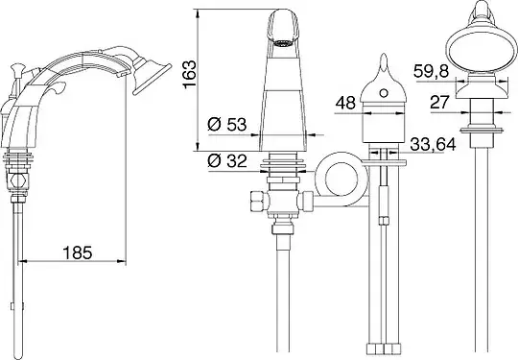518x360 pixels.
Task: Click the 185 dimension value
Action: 78,252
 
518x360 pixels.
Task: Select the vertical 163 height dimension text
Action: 190,74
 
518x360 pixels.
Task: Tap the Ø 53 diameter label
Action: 227,125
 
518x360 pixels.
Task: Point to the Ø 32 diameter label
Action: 227,161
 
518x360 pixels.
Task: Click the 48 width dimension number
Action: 345,103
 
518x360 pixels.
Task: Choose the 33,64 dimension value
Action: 433,144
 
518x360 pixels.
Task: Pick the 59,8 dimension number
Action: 431,71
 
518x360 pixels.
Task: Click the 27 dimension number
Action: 440,102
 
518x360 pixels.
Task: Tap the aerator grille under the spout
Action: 283,43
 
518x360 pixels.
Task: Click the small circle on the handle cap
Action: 384,93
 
